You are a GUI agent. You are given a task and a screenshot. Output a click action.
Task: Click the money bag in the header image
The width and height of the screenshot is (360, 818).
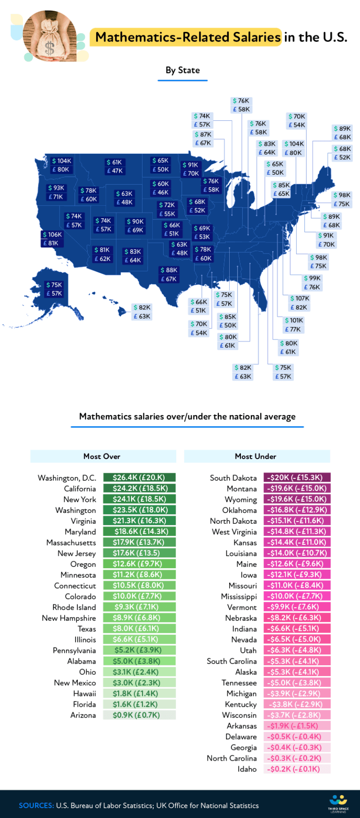pos(49,38)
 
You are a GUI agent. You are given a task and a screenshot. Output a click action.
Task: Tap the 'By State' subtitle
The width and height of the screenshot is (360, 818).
pos(182,70)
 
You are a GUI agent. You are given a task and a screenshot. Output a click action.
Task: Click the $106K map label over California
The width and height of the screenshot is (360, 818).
pos(52,239)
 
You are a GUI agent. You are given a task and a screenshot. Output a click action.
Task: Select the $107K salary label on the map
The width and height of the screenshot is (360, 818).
pos(299,303)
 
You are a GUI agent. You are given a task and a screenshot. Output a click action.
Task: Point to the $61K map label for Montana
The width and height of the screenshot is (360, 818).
pos(114,166)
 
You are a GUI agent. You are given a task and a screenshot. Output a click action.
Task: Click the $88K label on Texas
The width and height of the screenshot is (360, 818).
pos(169,275)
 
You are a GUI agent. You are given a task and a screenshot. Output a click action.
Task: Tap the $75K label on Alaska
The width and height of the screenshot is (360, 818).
pos(54,289)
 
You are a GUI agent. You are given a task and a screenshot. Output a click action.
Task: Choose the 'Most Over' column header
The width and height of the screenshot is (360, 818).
pos(102,456)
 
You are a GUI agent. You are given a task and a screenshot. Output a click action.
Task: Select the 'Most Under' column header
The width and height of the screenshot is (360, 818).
pos(256,456)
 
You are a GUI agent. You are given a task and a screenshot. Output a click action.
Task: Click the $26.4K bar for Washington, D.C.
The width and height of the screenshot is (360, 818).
pos(139,477)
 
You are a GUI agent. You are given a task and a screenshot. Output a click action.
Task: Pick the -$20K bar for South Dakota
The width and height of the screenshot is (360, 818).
pos(297,477)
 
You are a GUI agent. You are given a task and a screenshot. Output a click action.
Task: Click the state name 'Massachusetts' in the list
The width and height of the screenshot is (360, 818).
pos(71,543)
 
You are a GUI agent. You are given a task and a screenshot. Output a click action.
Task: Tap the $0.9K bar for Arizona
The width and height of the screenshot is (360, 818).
pos(139,715)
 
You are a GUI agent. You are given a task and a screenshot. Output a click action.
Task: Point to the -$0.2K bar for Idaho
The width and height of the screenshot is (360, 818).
pos(297,769)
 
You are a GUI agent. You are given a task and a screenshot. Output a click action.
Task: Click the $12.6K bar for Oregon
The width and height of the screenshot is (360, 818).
pos(139,564)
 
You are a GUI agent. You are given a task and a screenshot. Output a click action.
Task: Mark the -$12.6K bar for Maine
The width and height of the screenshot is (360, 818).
pos(297,564)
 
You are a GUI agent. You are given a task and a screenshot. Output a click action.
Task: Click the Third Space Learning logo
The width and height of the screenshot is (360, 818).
pos(338,803)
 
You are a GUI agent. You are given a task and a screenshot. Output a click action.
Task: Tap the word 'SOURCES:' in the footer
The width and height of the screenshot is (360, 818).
pos(36,805)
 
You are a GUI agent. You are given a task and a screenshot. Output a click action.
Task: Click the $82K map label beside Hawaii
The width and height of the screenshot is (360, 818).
pos(142,312)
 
